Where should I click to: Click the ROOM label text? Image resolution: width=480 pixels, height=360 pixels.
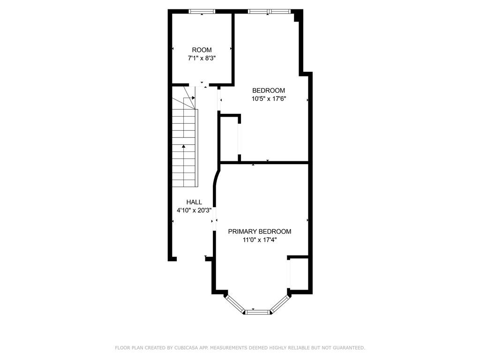202,50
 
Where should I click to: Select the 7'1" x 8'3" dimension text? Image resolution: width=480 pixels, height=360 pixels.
202,58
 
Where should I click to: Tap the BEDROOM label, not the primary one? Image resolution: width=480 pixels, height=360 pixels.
269,90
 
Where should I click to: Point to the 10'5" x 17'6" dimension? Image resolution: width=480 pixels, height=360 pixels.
269,99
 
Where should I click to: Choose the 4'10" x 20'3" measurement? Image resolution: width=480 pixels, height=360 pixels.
194,210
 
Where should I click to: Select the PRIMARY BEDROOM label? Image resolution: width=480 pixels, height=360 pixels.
259,232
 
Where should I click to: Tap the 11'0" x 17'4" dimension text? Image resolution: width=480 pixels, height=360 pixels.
259,240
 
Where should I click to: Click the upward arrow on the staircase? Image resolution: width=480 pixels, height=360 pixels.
184,147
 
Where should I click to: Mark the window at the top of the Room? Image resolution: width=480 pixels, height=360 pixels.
202,11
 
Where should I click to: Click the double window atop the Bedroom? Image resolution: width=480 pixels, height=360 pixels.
269,11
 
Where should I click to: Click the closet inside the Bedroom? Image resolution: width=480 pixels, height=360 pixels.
230,138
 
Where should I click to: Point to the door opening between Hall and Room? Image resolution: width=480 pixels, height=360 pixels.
202,85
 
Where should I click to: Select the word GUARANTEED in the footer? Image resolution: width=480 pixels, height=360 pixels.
349,348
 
